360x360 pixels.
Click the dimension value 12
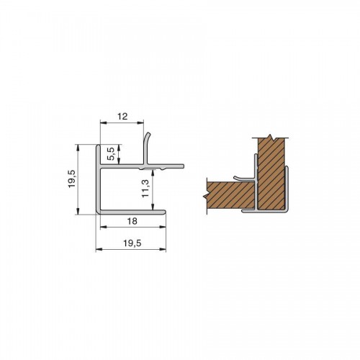coord(122,117)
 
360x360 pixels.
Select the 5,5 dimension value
coord(111,154)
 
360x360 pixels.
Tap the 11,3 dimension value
coord(145,189)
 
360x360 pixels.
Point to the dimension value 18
coord(132,221)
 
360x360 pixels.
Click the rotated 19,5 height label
coord(72,179)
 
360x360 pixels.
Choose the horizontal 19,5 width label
coord(132,243)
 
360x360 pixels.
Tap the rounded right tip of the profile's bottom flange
coord(164,212)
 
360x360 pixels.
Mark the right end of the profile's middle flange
coord(182,166)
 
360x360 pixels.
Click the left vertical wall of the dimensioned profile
coord(98,179)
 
